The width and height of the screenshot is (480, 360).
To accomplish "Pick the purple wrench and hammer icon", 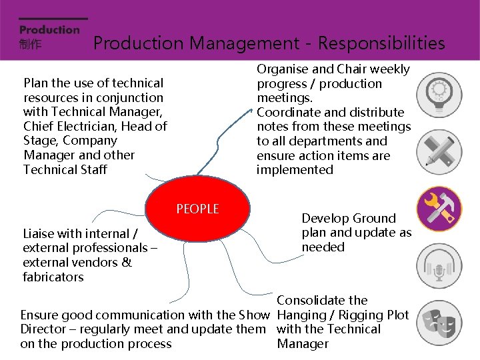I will [439, 209].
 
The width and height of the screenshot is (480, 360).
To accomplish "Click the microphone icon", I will [439, 267].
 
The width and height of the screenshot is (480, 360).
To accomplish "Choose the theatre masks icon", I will [439, 323].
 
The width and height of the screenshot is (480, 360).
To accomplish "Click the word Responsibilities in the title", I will [381, 43].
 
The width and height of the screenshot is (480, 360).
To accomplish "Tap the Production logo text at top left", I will [49, 30].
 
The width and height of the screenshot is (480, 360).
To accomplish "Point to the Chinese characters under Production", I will [30, 44].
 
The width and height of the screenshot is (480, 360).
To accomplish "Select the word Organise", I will [283, 69].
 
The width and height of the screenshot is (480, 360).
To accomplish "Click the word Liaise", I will [40, 234].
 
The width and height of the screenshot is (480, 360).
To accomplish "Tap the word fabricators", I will [53, 277].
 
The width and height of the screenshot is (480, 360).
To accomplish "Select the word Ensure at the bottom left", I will [39, 315].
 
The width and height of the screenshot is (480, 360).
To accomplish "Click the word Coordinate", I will [287, 113].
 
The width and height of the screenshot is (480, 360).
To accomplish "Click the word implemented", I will [295, 170].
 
